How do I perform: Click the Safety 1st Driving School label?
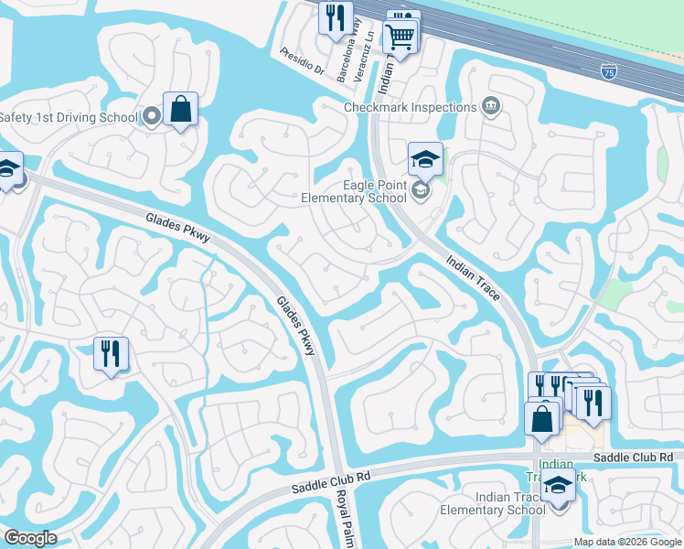tap(68, 116)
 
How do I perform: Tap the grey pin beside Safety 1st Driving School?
tap(150, 116)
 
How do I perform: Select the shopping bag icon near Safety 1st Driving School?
tap(180, 109)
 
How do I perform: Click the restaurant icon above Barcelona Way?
tap(335, 16)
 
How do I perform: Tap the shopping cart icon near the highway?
tap(400, 37)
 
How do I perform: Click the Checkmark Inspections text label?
tap(410, 107)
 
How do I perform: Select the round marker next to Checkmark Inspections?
tap(490, 107)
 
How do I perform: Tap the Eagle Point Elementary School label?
tap(354, 190)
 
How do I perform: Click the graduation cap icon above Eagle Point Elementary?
tap(425, 159)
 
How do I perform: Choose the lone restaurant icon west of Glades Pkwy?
tap(111, 352)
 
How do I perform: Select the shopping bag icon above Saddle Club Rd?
tap(541, 418)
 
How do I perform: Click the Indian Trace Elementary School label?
tap(493, 502)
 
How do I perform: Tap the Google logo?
tap(30, 538)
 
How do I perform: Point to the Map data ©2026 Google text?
tap(627, 542)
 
